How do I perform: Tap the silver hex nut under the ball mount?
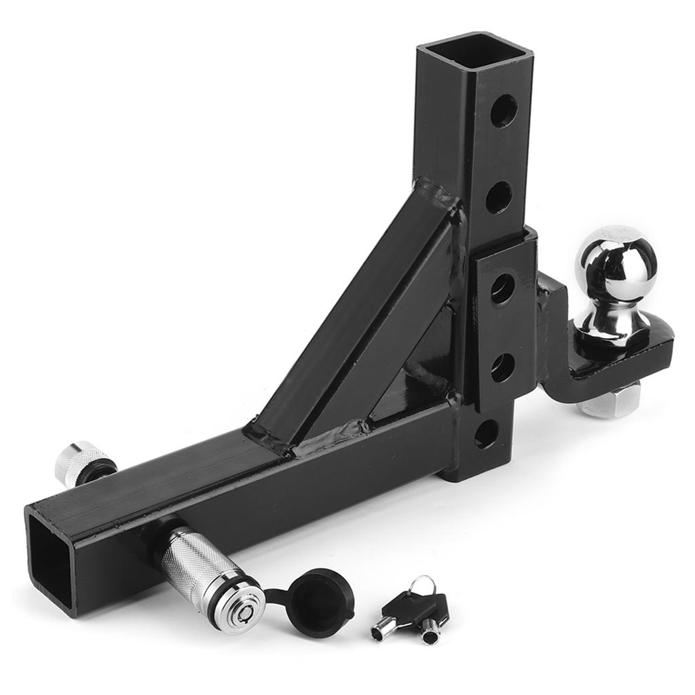pos(608,403)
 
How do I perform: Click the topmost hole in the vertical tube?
pos(504,110)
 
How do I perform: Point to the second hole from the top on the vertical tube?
pos(500,198)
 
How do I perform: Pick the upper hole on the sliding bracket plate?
pos(503,289)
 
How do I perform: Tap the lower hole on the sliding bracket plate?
pos(502,368)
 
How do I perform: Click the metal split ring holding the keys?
pos(424,584)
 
